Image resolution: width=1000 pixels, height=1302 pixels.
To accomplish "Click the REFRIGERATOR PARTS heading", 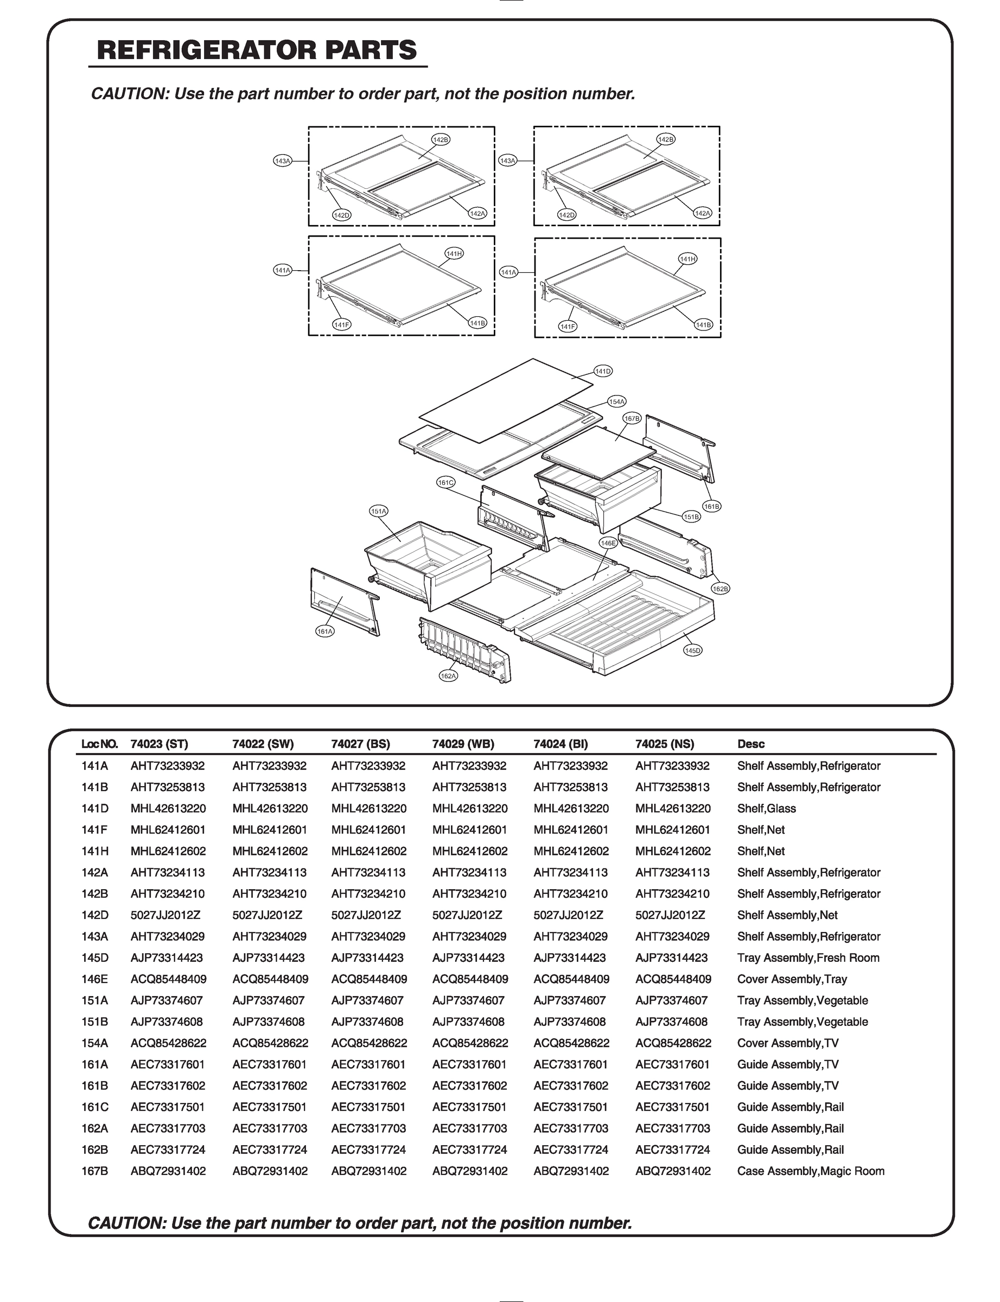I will tap(257, 50).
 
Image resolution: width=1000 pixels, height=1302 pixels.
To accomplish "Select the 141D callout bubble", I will tap(603, 371).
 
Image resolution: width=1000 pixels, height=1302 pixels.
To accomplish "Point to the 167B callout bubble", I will tap(632, 418).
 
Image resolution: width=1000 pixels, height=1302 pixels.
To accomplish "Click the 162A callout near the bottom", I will tap(448, 676).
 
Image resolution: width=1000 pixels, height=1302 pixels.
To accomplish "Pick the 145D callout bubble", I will tap(693, 650).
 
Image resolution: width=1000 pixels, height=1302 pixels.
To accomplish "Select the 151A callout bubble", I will tap(379, 511).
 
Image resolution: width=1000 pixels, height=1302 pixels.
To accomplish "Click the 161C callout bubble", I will tap(446, 483).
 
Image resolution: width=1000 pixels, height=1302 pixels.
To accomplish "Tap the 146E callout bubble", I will tap(608, 543).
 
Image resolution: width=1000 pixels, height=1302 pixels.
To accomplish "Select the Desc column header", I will tap(750, 744).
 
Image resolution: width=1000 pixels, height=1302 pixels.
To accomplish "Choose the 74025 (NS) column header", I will tap(664, 744).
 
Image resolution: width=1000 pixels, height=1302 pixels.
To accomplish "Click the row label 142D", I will tap(94, 915).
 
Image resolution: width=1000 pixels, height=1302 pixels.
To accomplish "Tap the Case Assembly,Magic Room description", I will tap(810, 1171).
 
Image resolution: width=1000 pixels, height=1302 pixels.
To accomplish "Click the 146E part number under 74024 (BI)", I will tap(571, 979).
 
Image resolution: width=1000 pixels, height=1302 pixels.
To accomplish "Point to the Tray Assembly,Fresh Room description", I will tap(808, 958).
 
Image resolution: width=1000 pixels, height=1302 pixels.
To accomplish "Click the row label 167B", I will tap(94, 1171).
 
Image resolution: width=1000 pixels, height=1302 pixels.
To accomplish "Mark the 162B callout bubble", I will tap(720, 589).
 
